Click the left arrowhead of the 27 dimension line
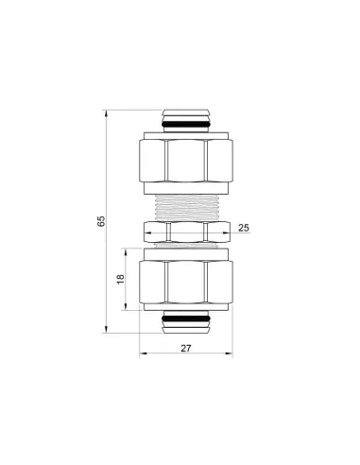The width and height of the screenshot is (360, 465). [143, 357]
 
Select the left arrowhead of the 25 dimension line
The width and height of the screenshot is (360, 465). [147, 229]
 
